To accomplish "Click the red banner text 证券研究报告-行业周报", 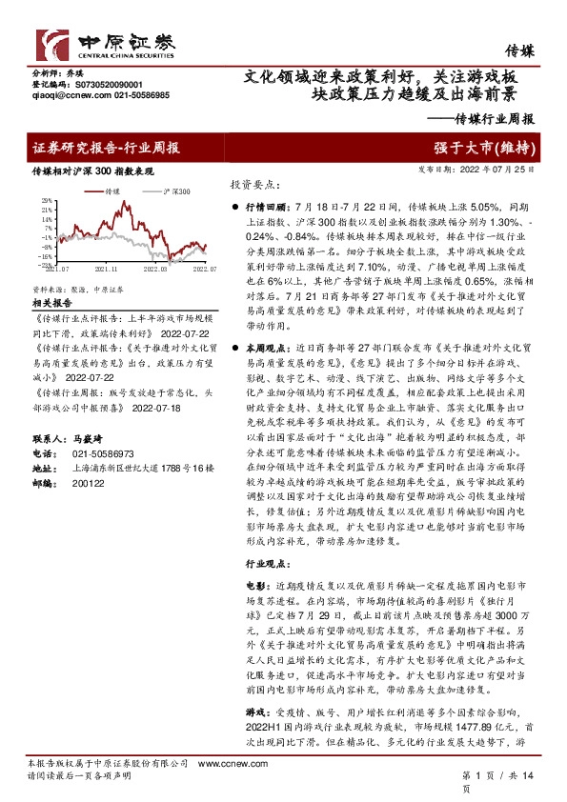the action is (x=107, y=148).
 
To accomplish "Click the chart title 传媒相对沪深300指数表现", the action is (x=92, y=171).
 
